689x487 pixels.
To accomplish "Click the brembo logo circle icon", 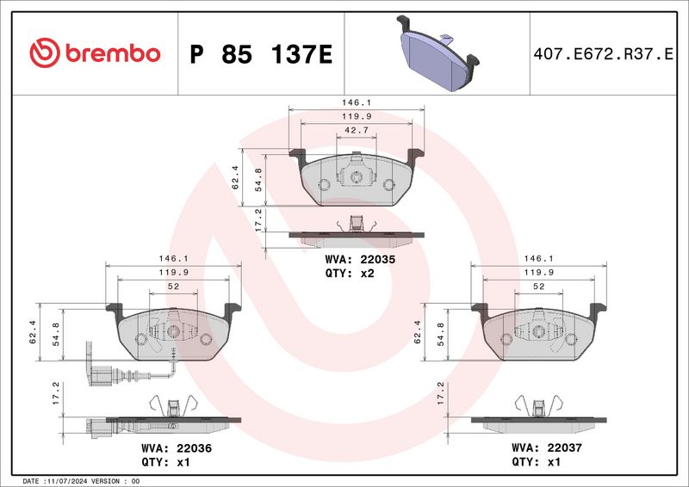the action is [45, 52].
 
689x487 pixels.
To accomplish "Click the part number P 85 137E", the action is [261, 54].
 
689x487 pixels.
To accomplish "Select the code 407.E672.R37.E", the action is [604, 54].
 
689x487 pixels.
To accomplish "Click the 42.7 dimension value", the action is [357, 131].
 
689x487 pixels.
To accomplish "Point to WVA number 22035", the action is [378, 260].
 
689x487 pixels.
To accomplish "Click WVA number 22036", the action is [195, 448].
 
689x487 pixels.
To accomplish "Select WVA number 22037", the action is [565, 448].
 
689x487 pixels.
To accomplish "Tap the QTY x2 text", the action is [350, 273].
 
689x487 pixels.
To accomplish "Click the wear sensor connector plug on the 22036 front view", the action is [101, 377].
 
